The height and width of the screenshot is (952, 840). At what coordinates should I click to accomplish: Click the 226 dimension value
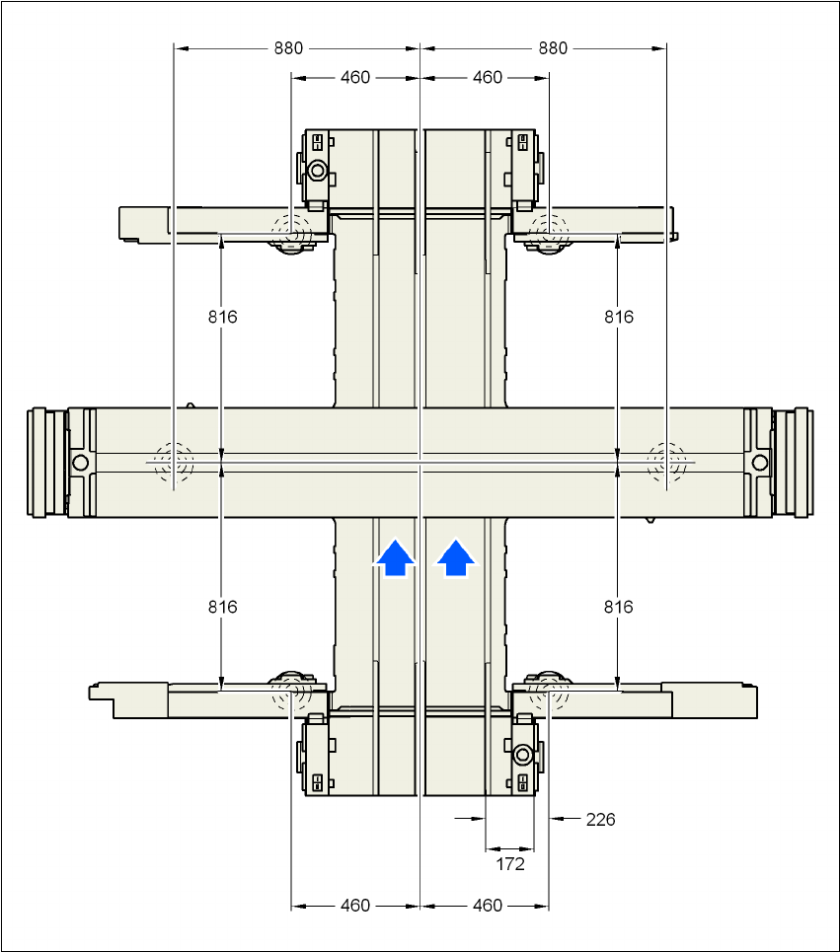pyautogui.click(x=600, y=819)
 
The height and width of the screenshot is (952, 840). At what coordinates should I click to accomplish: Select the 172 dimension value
pyautogui.click(x=509, y=864)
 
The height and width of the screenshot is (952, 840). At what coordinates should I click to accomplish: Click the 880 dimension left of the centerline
pyautogui.click(x=289, y=47)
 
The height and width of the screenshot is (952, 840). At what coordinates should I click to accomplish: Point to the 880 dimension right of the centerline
pyautogui.click(x=554, y=47)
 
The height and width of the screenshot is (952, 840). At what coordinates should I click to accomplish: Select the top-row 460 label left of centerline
pyautogui.click(x=355, y=77)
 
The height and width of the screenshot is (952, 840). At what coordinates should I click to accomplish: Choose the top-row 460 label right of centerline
pyautogui.click(x=488, y=77)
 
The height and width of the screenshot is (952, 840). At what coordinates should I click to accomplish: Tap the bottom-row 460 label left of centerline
pyautogui.click(x=355, y=906)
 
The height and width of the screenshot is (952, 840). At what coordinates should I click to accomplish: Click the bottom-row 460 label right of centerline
pyautogui.click(x=488, y=906)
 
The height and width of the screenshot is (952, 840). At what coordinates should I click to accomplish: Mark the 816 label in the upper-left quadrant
pyautogui.click(x=223, y=317)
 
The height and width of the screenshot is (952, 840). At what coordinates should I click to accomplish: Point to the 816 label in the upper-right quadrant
pyautogui.click(x=619, y=317)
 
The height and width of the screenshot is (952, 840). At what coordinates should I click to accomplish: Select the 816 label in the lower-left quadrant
pyautogui.click(x=223, y=607)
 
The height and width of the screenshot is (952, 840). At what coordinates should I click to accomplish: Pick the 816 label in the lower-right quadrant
pyautogui.click(x=619, y=607)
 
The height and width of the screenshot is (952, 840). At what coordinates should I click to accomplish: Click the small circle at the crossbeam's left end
pyautogui.click(x=80, y=462)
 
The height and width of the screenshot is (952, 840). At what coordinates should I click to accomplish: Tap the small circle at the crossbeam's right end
pyautogui.click(x=760, y=462)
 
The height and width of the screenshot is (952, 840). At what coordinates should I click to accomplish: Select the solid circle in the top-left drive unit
pyautogui.click(x=317, y=171)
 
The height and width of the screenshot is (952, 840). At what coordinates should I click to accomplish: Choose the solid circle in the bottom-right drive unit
pyautogui.click(x=522, y=755)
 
